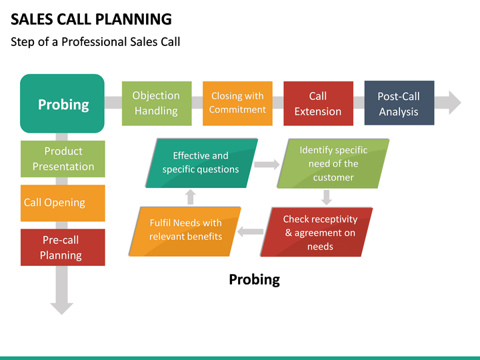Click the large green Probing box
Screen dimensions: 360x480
63,103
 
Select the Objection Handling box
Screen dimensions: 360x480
156,103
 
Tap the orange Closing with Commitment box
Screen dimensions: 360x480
237,103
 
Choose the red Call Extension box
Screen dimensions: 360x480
317,103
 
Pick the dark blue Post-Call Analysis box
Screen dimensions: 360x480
399,103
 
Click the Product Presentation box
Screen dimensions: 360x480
63,159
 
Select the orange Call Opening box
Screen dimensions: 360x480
63,203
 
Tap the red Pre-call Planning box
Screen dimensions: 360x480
63,247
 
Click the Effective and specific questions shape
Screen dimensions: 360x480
201,163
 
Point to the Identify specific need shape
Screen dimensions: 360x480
333,163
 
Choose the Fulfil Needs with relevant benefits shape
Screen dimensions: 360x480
185,230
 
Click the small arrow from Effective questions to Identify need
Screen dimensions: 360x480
267,164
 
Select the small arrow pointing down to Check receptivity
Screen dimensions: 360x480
326,197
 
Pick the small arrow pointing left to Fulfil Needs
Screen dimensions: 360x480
251,232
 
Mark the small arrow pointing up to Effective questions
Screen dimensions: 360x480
191,197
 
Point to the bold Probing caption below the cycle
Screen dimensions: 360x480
254,279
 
